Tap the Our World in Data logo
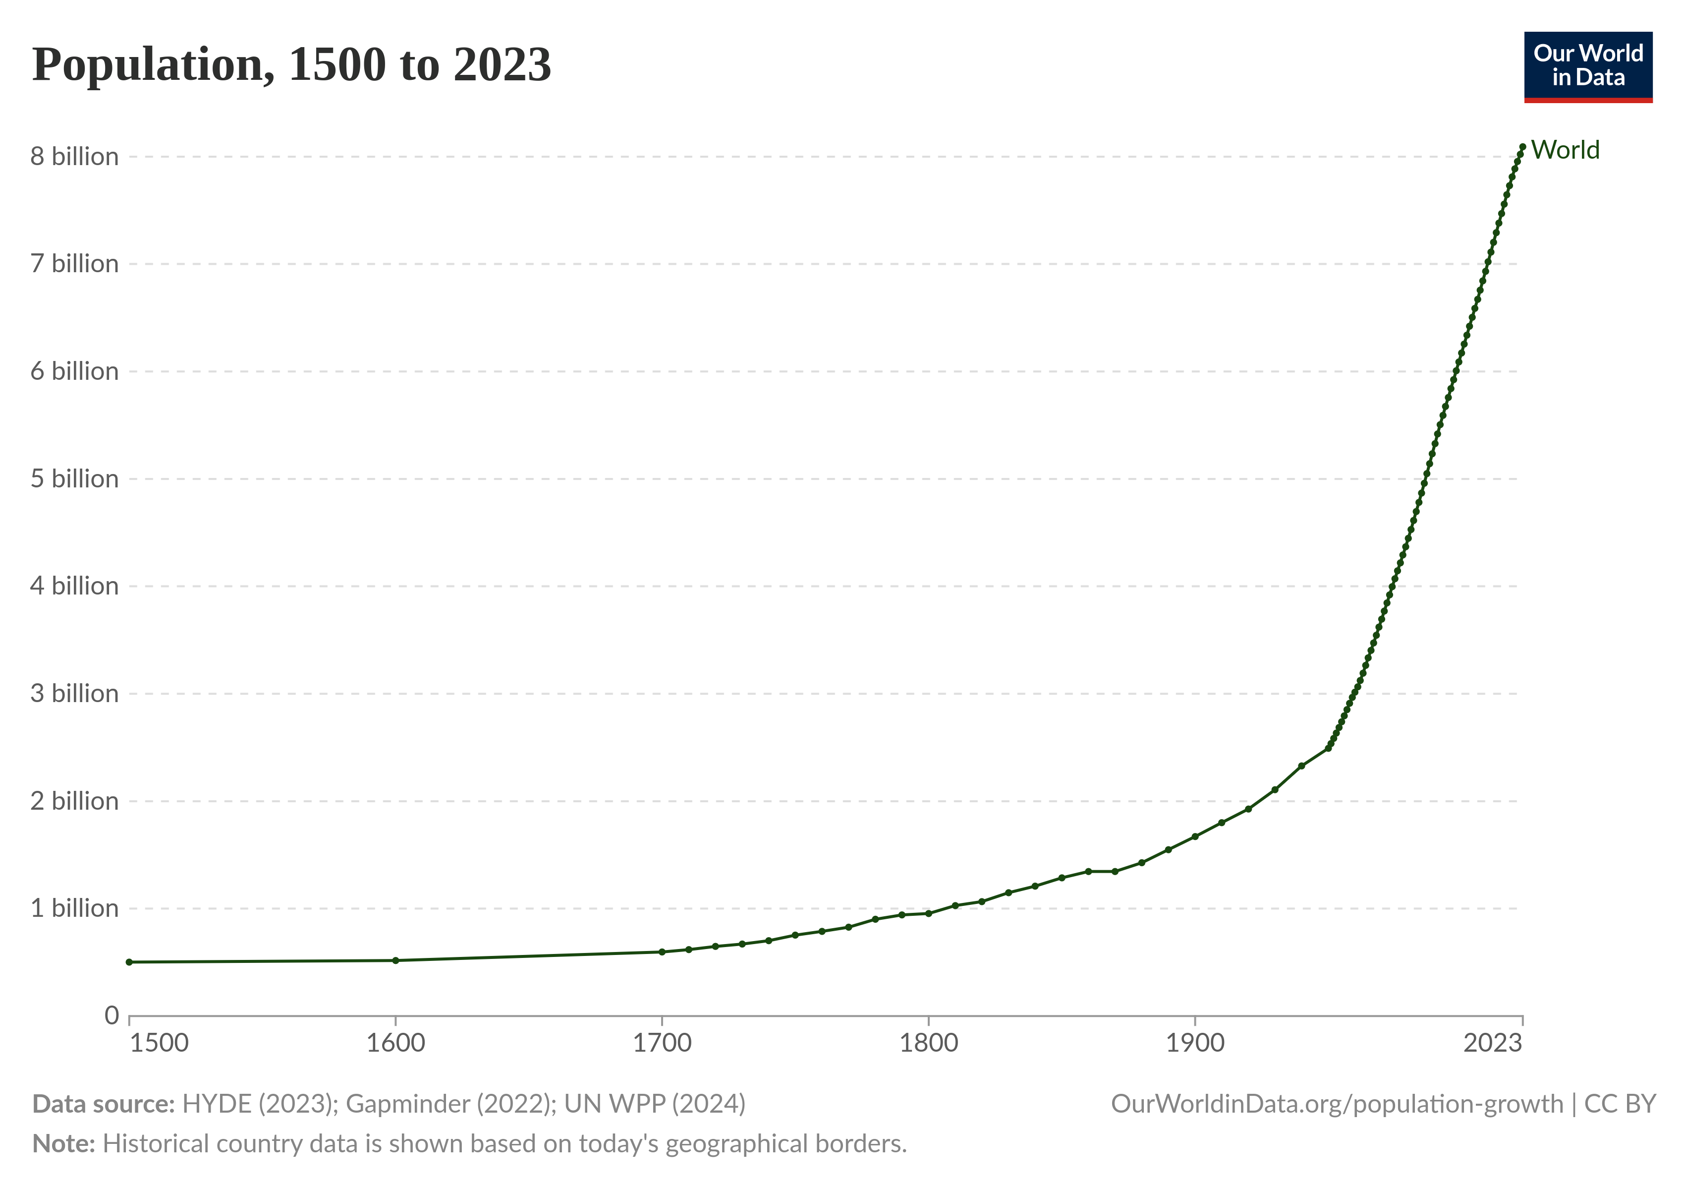pyautogui.click(x=1588, y=66)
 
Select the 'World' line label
pyautogui.click(x=1565, y=150)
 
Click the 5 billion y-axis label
pyautogui.click(x=74, y=478)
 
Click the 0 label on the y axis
pyautogui.click(x=112, y=1015)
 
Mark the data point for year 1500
pyautogui.click(x=129, y=962)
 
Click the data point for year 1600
pyautogui.click(x=395, y=960)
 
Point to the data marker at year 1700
pyautogui.click(x=662, y=952)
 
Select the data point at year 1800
pyautogui.click(x=928, y=913)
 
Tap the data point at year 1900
pyautogui.click(x=1195, y=836)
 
